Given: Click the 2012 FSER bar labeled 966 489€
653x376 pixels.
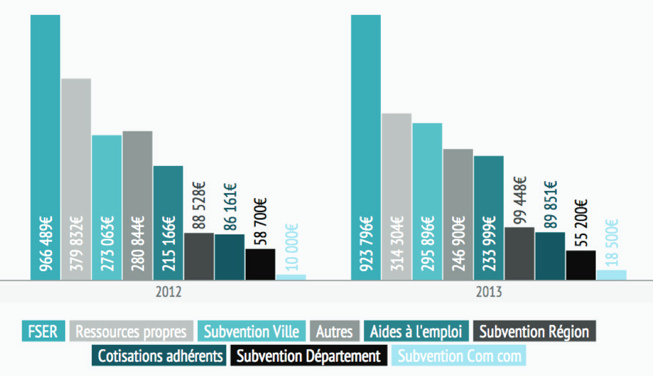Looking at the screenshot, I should click(45, 147).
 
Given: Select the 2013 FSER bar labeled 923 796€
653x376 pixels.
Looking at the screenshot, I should click(366, 147).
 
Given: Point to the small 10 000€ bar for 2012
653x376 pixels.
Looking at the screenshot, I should click(291, 277).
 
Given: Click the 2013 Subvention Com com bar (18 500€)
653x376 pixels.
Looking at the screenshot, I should click(612, 275).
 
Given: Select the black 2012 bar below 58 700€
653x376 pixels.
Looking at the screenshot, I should click(260, 264).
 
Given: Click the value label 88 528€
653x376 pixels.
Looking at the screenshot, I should click(199, 206).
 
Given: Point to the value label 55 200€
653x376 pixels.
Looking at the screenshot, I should click(581, 223).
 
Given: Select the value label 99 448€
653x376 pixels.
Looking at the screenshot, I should click(519, 201).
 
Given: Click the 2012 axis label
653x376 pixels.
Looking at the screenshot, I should click(168, 293).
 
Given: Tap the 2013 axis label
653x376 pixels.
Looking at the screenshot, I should click(489, 293).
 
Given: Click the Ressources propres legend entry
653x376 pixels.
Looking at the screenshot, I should click(131, 331).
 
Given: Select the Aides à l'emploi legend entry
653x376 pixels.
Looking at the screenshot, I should click(416, 331).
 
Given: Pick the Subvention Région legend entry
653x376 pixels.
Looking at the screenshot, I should click(534, 331).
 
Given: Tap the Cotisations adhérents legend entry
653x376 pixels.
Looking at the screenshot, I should click(159, 356).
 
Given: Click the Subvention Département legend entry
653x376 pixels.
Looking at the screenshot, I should click(308, 356).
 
